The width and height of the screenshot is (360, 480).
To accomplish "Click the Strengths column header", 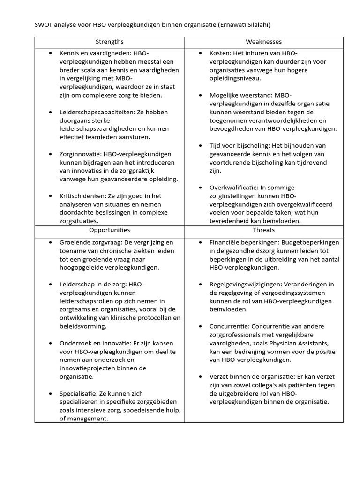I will click(109, 42).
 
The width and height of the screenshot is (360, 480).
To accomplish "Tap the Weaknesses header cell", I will click(263, 42).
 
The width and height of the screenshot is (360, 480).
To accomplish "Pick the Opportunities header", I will click(109, 230).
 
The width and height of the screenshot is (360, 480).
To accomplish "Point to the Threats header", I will click(263, 230).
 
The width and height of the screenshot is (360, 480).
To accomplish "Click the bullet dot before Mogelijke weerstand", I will click(200, 95).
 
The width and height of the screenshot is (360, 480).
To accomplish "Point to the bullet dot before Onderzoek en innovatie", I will click(50, 343).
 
